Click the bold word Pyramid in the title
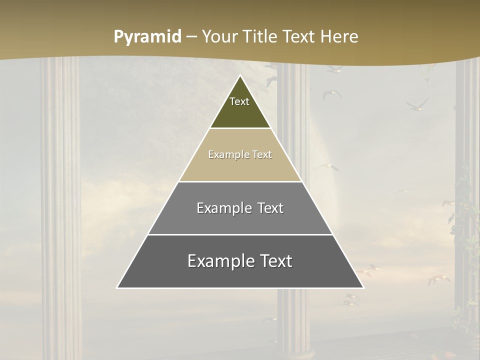pyautogui.click(x=147, y=37)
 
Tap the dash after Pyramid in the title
pyautogui.click(x=191, y=37)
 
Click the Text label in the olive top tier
pyautogui.click(x=239, y=101)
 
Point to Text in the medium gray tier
pyautogui.click(x=270, y=208)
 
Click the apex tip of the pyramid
pyautogui.click(x=240, y=76)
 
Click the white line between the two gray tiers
pyautogui.click(x=240, y=234)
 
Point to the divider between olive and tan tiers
pyautogui.click(x=240, y=128)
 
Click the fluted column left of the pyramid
pyautogui.click(x=60, y=200)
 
